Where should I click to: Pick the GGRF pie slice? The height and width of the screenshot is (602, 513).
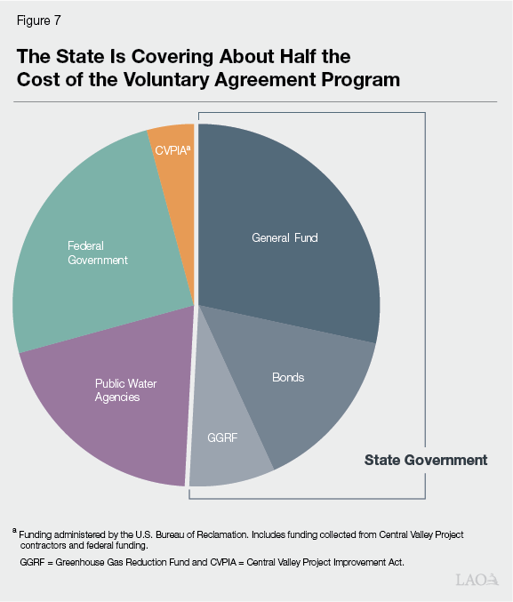[227, 445]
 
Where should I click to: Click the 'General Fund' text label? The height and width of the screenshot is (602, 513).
[285, 238]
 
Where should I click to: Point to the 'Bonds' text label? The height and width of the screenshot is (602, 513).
[287, 377]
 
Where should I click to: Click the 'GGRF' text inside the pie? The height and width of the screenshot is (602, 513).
[223, 438]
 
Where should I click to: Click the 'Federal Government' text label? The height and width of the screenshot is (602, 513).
[98, 253]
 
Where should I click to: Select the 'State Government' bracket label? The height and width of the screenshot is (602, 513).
[425, 460]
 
